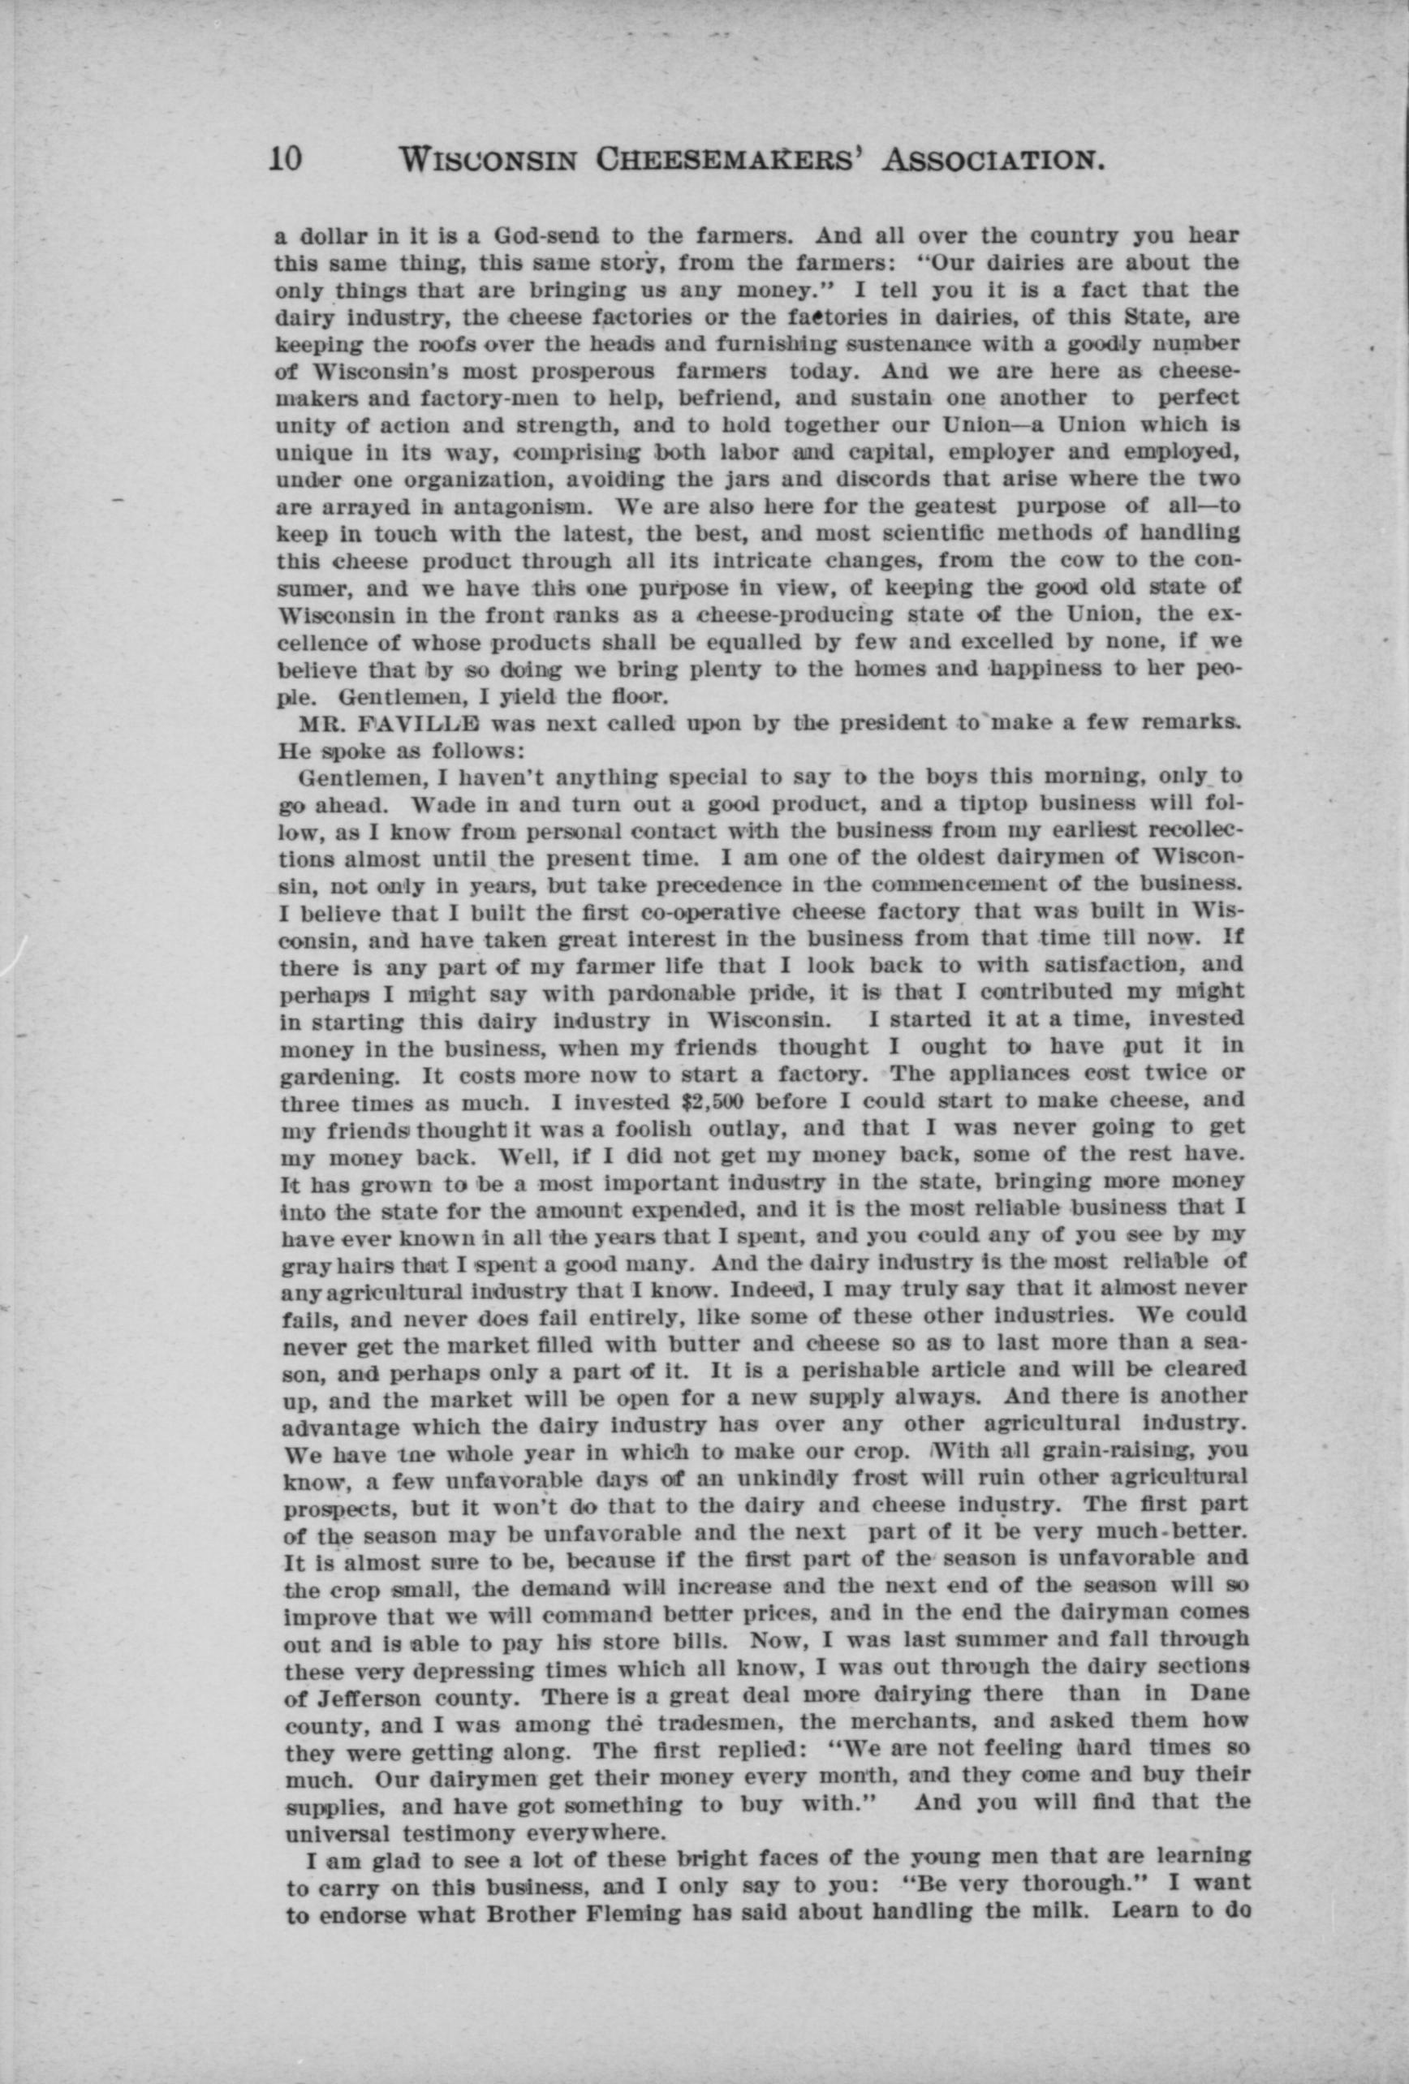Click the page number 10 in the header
click(x=287, y=159)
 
